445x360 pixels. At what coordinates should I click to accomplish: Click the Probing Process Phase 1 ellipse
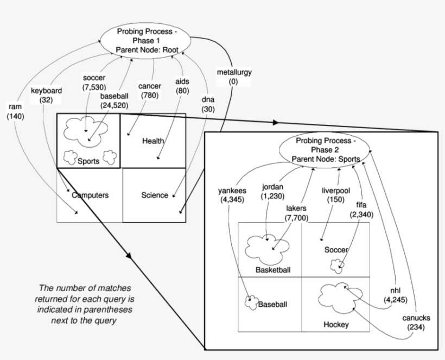147,40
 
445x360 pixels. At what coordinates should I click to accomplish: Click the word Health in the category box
152,141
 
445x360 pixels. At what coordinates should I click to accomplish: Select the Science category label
155,195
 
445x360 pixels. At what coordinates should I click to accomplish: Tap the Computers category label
90,195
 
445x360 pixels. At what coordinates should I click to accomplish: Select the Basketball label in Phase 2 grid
273,270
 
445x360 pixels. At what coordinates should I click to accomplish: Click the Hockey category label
336,325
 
